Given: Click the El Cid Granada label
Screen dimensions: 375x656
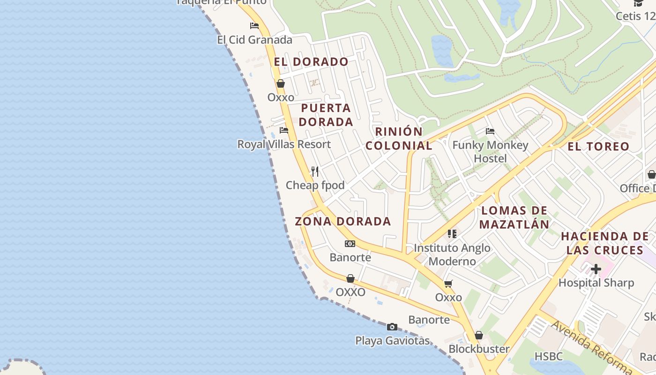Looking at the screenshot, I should [254, 40].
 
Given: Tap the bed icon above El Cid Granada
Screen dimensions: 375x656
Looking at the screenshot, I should [254, 25].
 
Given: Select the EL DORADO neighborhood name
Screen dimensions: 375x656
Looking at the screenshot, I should [311, 62].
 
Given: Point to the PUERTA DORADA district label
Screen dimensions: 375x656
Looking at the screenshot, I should [326, 115].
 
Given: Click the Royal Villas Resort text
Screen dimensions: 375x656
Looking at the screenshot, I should [284, 144].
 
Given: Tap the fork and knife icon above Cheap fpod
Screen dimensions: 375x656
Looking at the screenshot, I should [315, 172].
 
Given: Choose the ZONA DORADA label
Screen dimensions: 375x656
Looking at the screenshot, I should [343, 221].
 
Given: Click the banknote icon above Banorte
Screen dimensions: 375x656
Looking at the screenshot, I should [350, 244].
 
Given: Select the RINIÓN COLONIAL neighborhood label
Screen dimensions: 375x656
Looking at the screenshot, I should [399, 138].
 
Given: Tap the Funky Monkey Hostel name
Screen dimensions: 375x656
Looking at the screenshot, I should [490, 151].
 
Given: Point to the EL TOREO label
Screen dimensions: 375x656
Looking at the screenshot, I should [598, 147].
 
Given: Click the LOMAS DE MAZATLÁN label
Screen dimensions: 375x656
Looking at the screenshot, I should [514, 217].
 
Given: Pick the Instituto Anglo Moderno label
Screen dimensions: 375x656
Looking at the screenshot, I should [452, 255].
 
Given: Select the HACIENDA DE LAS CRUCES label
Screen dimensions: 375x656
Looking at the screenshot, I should [604, 243].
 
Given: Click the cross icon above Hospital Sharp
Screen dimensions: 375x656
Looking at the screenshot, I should [596, 269].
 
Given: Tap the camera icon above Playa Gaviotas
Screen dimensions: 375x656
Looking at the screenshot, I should [392, 327].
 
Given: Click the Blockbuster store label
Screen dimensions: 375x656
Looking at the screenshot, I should [479, 349].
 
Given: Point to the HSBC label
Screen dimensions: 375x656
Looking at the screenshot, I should [548, 356].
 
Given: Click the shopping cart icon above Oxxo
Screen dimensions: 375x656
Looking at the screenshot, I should [448, 284].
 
